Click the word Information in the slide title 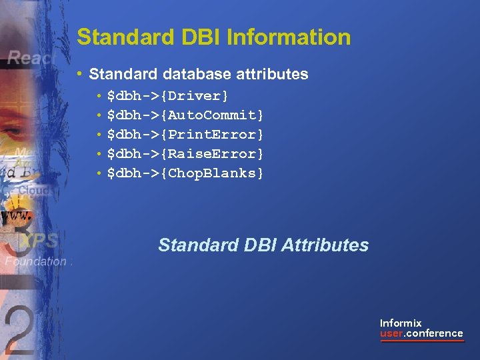click(289, 37)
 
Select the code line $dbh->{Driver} click(167, 96)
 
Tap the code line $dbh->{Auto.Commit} click(185, 115)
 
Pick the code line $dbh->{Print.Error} click(185, 135)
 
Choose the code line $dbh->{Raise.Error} click(185, 154)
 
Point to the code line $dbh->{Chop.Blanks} click(185, 173)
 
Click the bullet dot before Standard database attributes click(80, 74)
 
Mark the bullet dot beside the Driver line click(99, 97)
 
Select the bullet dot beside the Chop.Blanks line click(99, 174)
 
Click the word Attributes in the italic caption click(325, 245)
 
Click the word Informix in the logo click(401, 323)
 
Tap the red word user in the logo click(391, 333)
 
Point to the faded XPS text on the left click(39, 241)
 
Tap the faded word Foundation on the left click(35, 262)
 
